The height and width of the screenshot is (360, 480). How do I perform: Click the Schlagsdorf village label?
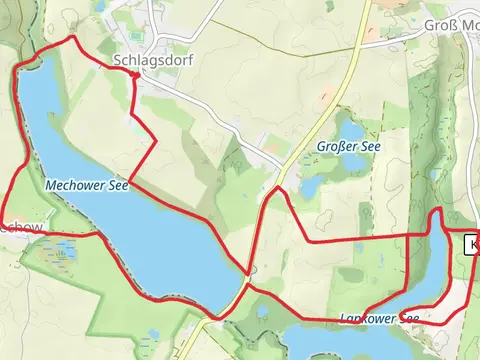153,60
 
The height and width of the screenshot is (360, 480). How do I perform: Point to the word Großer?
335,146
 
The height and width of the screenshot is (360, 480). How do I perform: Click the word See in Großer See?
368,146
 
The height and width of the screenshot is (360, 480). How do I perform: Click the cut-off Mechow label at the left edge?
20,228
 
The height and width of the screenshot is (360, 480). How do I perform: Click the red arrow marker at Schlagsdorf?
135,73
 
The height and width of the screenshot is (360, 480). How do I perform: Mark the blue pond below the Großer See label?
312,186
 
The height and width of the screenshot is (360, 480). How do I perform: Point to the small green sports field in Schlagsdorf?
262,141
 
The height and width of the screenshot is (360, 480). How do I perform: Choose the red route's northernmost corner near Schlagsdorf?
72,38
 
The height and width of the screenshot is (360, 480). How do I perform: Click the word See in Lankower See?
409,318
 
